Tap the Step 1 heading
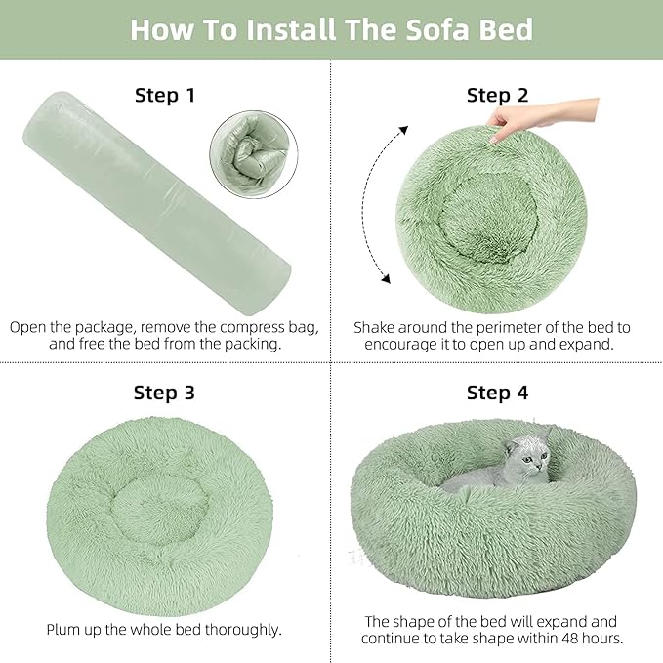(164, 95)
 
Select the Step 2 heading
(497, 95)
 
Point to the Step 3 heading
(164, 393)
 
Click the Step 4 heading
(497, 393)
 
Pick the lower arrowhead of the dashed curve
(385, 279)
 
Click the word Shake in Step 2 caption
(376, 327)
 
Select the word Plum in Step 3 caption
(65, 630)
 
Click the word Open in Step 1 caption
(30, 327)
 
